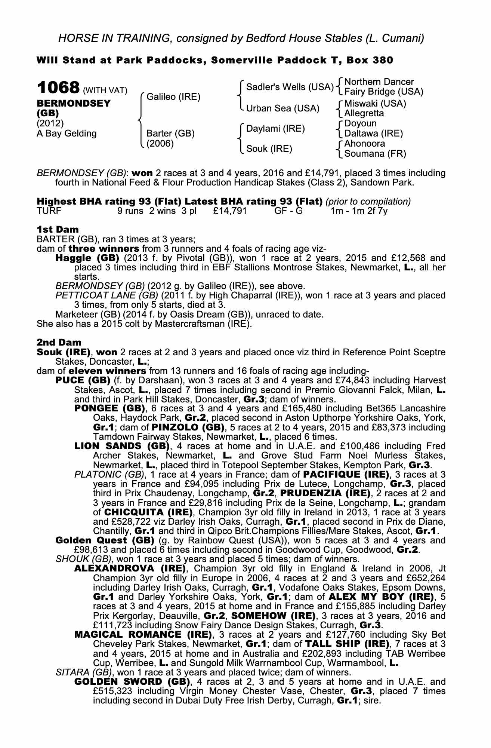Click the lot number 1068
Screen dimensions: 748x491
click(58, 88)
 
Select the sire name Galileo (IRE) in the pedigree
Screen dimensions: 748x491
click(173, 97)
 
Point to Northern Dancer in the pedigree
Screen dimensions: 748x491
click(379, 82)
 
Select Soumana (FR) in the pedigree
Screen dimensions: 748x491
click(375, 153)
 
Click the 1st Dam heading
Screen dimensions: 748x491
click(58, 229)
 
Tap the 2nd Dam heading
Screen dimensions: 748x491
click(59, 342)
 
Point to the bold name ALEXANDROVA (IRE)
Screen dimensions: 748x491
click(130, 569)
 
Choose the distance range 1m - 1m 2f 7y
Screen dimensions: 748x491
click(359, 211)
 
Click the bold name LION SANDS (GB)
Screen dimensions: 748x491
click(122, 446)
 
